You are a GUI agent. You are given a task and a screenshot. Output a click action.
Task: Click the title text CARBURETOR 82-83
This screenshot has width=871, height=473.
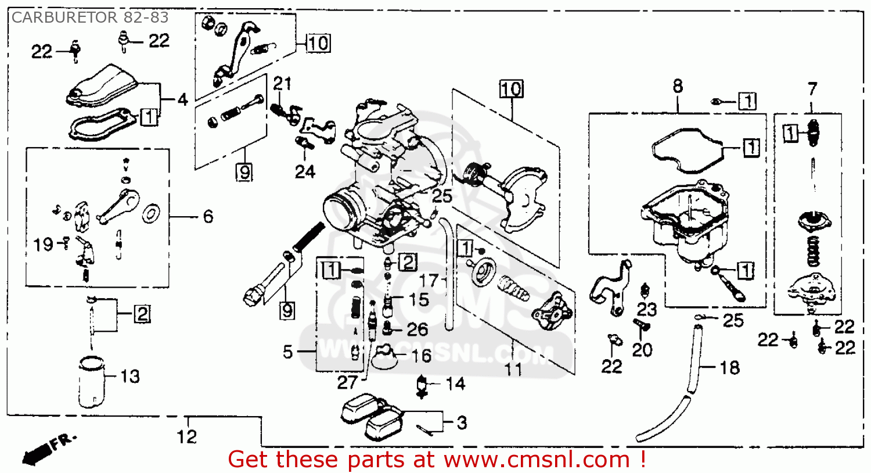click(x=90, y=17)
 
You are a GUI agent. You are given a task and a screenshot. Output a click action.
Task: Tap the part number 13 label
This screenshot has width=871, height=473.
click(x=130, y=377)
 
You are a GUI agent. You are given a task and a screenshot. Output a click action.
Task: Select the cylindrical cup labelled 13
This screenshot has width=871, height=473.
click(x=92, y=382)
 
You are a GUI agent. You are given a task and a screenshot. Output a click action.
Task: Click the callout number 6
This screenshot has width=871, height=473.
click(x=208, y=217)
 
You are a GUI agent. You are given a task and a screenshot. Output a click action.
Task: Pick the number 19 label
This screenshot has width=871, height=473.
click(x=44, y=245)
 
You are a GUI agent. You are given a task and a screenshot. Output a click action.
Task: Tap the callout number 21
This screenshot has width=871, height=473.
click(x=282, y=84)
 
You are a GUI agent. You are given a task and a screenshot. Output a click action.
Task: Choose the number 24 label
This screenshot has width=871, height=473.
click(x=305, y=171)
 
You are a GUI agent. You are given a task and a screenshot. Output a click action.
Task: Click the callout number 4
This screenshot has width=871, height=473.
click(x=183, y=100)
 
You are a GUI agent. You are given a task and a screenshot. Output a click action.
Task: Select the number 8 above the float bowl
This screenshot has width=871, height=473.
click(x=678, y=87)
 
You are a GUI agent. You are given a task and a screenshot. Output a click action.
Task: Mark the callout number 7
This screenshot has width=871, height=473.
click(x=812, y=89)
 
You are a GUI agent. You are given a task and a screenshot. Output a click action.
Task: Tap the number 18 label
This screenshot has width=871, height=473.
click(x=729, y=367)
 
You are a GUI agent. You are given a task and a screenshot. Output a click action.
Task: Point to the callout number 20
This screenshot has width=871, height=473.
click(x=642, y=350)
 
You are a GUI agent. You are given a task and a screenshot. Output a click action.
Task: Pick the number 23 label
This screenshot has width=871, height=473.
click(x=646, y=309)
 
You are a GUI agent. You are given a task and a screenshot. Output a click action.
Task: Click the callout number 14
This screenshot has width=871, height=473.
click(x=455, y=384)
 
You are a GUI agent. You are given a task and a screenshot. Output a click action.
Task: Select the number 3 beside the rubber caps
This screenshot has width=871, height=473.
click(x=462, y=422)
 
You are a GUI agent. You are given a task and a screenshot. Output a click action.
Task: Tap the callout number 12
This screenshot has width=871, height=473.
click(x=187, y=436)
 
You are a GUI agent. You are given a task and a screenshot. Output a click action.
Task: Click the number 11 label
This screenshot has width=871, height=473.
click(x=513, y=369)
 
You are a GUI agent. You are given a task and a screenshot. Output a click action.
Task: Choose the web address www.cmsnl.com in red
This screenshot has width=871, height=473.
click(x=537, y=460)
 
